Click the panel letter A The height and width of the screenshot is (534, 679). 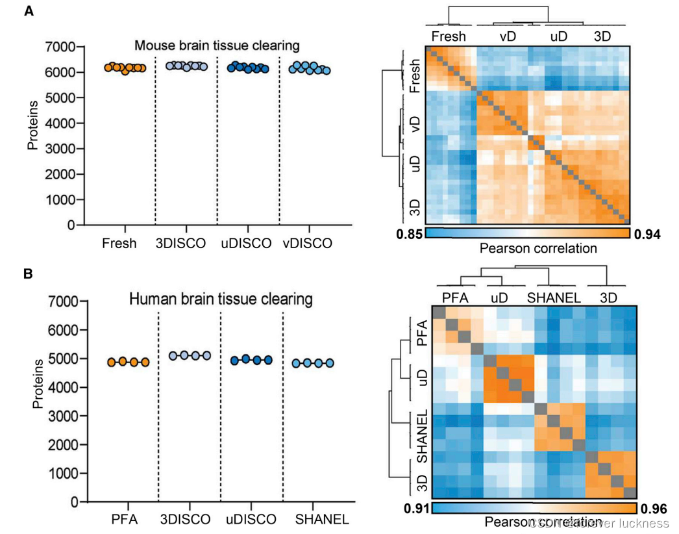click(x=29, y=11)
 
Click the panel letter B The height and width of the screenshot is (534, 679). click(x=29, y=274)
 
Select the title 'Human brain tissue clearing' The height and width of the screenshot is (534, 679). click(x=221, y=299)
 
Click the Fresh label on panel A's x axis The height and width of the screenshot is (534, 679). click(x=119, y=244)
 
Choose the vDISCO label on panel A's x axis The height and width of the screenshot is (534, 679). click(x=308, y=244)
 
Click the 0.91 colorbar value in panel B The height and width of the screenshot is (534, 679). click(x=417, y=508)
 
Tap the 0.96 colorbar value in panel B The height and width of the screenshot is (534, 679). click(x=654, y=508)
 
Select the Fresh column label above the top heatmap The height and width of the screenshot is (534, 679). click(x=449, y=36)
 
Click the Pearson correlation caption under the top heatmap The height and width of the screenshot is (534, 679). click(x=537, y=248)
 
